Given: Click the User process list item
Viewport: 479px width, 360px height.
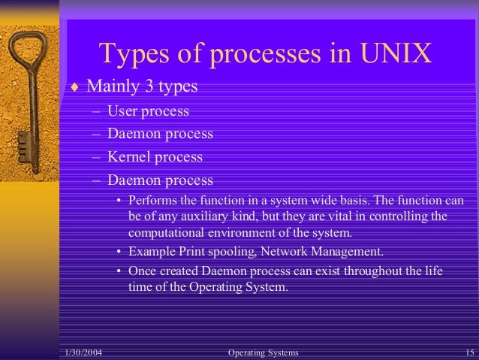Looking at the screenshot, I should pyautogui.click(x=148, y=111).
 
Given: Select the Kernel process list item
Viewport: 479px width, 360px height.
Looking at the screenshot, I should pyautogui.click(x=155, y=157).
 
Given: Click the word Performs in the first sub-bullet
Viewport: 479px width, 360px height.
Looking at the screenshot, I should pyautogui.click(x=152, y=201).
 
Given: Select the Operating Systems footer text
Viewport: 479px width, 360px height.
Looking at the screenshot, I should pyautogui.click(x=262, y=352).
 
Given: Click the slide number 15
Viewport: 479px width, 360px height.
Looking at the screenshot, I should pyautogui.click(x=469, y=352).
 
